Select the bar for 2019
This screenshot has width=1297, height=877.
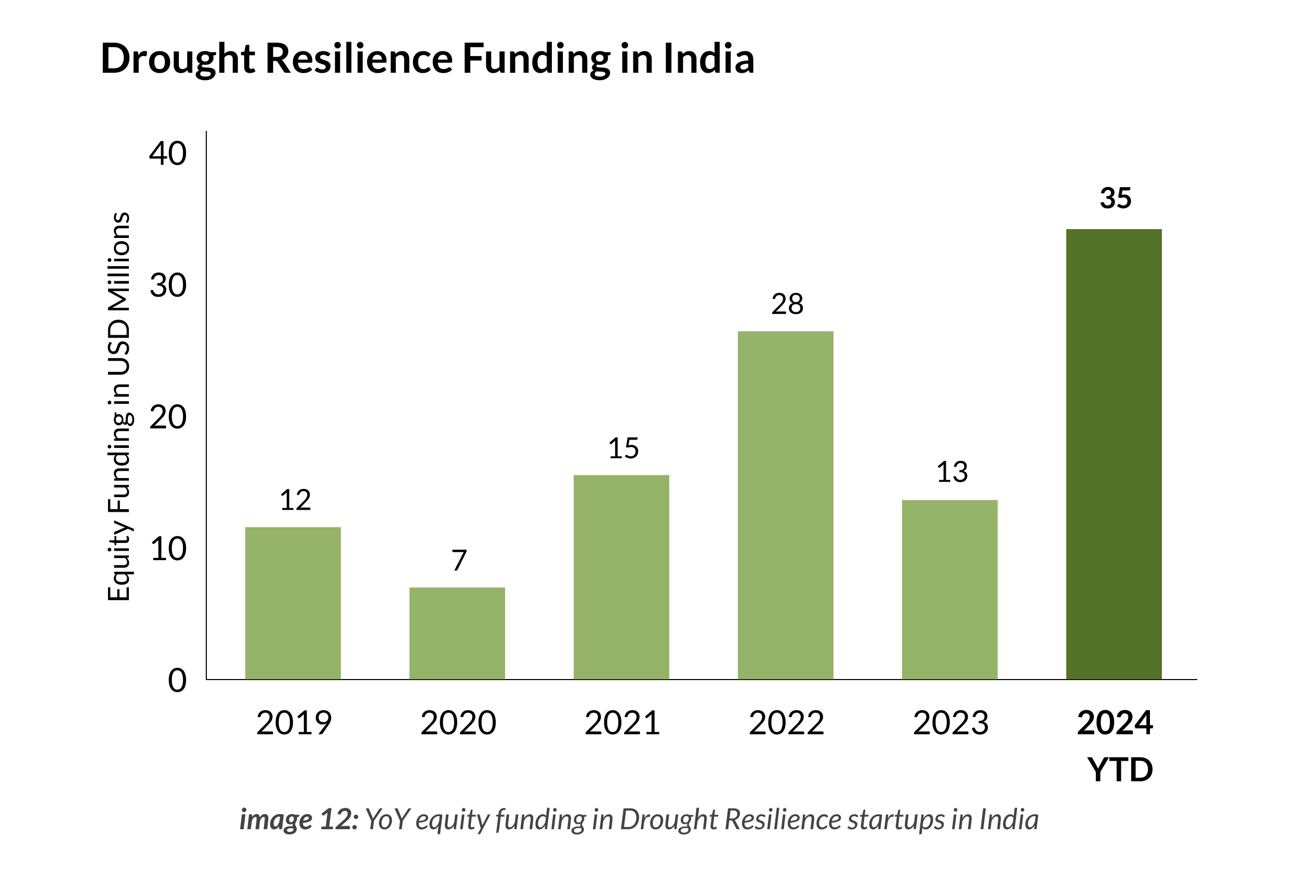coord(293,603)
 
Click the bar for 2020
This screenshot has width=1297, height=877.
coord(457,633)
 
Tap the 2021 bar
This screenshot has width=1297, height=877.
coord(621,577)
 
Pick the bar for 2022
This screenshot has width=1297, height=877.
coord(785,505)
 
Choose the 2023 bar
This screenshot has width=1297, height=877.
coord(949,590)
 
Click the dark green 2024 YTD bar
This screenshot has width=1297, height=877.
coord(1114,454)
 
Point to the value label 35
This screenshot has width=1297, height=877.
coord(1115,198)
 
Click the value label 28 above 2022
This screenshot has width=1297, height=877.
coord(787,304)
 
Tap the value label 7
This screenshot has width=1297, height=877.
coord(459,560)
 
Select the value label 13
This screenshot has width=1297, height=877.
coord(951,472)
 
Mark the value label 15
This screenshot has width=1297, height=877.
coord(623,448)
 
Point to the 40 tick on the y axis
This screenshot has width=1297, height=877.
coord(167,153)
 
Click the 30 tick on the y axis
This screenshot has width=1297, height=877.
coord(167,286)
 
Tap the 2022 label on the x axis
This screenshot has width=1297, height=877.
coord(786,723)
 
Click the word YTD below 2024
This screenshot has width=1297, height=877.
coord(1119,770)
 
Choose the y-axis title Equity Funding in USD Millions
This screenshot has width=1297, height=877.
coord(118,406)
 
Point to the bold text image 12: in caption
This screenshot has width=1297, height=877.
coord(299,819)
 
